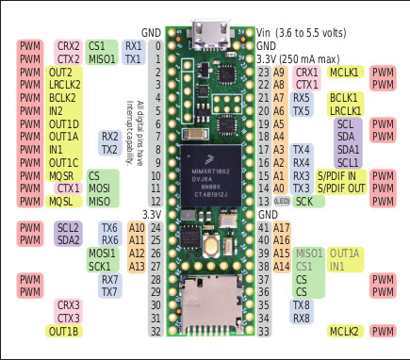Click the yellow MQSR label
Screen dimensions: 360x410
62,175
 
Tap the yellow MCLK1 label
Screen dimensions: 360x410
344,72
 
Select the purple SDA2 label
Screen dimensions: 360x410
68,240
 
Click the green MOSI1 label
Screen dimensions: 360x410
102,254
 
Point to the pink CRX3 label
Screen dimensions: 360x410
68,305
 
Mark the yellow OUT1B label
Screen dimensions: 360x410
62,331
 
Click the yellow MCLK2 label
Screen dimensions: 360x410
344,331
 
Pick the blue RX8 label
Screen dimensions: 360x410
302,318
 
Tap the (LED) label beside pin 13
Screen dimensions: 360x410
281,201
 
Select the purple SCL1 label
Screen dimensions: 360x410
347,162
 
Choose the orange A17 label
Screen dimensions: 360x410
280,227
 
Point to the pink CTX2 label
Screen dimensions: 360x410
68,58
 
